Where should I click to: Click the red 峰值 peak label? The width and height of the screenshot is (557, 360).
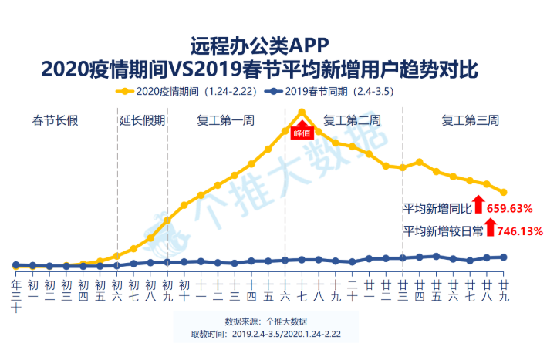pyautogui.click(x=302, y=133)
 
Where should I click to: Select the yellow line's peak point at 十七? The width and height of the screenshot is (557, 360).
pyautogui.click(x=302, y=112)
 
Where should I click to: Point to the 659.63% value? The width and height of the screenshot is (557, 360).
pyautogui.click(x=511, y=208)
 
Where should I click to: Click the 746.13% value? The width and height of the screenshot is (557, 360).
pyautogui.click(x=515, y=230)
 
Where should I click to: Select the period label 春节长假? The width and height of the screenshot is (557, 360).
pyautogui.click(x=56, y=120)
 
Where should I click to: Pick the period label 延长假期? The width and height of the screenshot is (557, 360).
pyautogui.click(x=142, y=120)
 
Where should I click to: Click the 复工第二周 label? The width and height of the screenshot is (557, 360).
pyautogui.click(x=352, y=120)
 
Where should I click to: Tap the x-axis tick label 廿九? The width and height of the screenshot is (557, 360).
pyautogui.click(x=503, y=290)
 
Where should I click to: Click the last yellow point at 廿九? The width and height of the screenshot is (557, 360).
pyautogui.click(x=503, y=192)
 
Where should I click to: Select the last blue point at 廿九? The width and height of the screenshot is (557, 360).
pyautogui.click(x=503, y=257)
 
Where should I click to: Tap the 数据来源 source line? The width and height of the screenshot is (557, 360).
pyautogui.click(x=265, y=321)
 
